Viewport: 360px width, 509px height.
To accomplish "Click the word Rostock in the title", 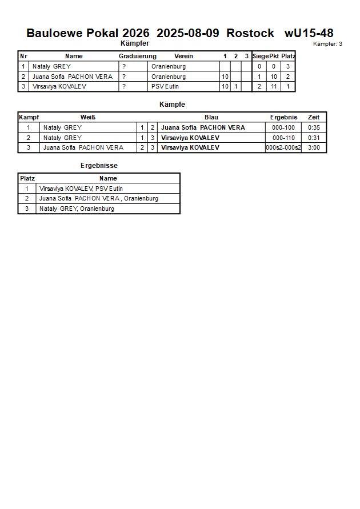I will [x=250, y=33].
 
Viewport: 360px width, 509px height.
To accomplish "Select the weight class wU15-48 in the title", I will [x=309, y=33].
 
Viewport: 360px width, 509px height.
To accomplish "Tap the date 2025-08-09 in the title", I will [x=187, y=33].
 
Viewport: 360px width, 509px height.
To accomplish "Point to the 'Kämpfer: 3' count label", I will [x=328, y=43].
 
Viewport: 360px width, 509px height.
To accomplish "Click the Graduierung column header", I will [x=137, y=57].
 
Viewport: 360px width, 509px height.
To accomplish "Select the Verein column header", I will [x=183, y=57].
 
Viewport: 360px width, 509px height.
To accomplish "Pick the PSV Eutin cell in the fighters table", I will [x=165, y=87].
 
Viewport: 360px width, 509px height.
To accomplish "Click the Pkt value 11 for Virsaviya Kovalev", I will [x=274, y=87].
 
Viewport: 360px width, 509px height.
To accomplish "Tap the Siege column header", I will [x=260, y=57].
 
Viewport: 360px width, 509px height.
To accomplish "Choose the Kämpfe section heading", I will [x=172, y=105].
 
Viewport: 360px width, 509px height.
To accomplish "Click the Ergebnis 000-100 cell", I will [x=283, y=128].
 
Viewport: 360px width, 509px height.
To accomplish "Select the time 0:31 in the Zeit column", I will [x=314, y=138].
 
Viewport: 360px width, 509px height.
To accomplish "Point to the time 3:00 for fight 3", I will [x=314, y=147].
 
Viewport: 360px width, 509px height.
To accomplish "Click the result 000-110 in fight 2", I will [x=283, y=138].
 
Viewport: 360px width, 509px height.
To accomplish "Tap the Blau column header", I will [x=211, y=118].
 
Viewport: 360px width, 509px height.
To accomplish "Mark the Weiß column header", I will [x=87, y=118].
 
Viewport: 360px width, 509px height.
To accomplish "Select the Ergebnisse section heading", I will [x=99, y=166].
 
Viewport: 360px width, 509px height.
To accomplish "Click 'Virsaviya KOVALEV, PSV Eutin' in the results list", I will [x=81, y=189].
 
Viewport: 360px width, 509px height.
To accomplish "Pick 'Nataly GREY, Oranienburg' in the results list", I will [x=77, y=209].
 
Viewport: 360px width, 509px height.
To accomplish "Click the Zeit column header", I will [x=314, y=118].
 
